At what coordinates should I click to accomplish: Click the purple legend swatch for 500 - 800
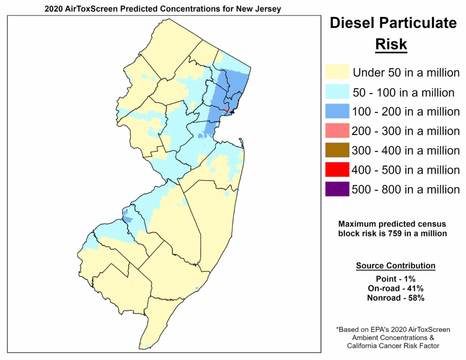pos(337,189)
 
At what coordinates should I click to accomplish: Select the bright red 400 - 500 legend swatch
pos(337,170)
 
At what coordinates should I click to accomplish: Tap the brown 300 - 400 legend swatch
pos(337,150)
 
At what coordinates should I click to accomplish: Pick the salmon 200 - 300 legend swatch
pos(337,131)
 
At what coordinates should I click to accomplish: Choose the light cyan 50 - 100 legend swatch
pos(337,92)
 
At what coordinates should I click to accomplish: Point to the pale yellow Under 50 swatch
pos(337,72)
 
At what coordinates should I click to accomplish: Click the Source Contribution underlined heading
pos(395,266)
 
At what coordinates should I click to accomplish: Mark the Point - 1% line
pos(395,279)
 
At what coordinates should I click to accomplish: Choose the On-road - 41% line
pos(395,288)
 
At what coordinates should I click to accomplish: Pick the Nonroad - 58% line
pos(395,298)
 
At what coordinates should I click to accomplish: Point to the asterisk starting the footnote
pos(338,329)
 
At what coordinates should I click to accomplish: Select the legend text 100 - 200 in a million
pos(406,112)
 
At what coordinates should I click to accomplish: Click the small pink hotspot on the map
pos(226,109)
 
